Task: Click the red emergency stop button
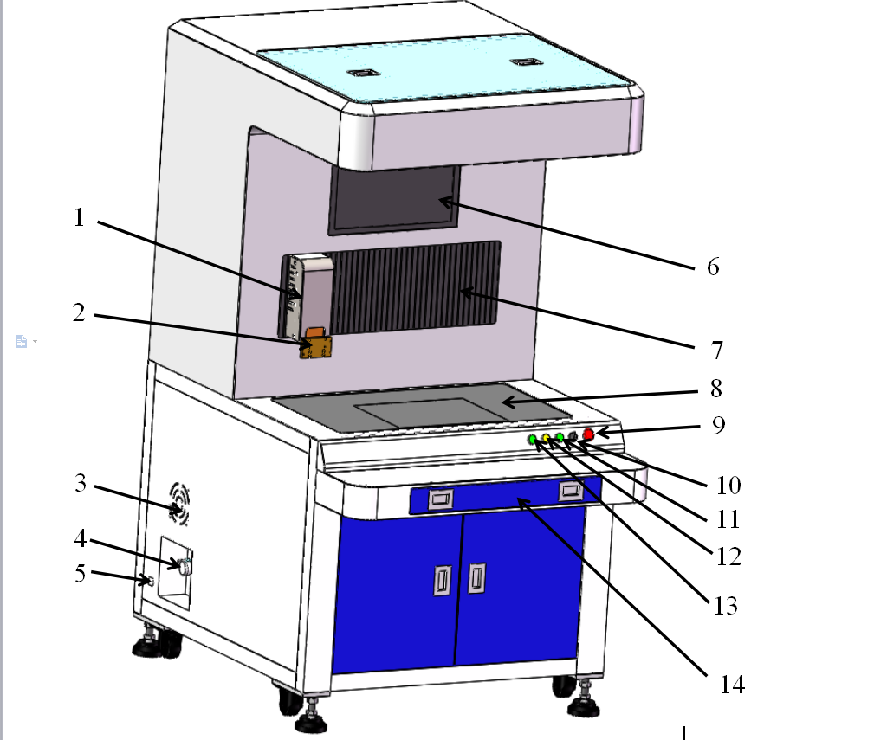point(588,434)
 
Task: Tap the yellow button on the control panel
point(547,439)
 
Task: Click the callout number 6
point(713,267)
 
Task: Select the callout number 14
point(732,685)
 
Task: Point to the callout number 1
point(79,217)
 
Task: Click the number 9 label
point(718,426)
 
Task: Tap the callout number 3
point(81,483)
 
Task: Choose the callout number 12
point(728,557)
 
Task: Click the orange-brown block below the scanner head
point(315,344)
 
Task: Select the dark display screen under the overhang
point(394,199)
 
